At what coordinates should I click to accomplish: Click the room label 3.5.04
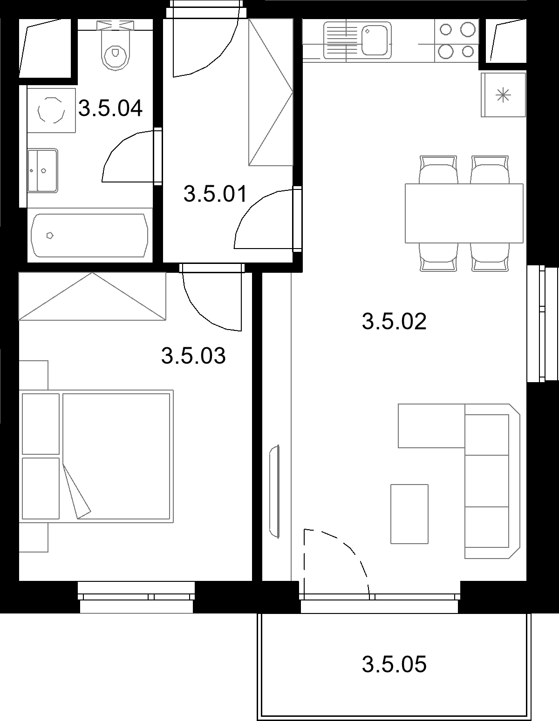click(110, 108)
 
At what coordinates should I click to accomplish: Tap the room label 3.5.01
click(215, 194)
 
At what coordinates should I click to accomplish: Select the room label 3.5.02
click(394, 321)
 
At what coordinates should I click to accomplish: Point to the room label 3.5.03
click(193, 355)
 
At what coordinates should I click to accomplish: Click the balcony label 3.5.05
click(394, 664)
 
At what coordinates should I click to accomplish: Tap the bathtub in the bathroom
click(89, 235)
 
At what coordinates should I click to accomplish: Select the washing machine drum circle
click(51, 110)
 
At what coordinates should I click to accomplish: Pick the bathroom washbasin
click(42, 170)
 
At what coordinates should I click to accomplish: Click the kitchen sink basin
click(375, 40)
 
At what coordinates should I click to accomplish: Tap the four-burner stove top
click(457, 40)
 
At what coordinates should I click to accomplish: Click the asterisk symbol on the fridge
click(503, 95)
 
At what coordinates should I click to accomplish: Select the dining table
click(464, 213)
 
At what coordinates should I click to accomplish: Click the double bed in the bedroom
click(96, 456)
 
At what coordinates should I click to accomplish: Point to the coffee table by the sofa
click(409, 514)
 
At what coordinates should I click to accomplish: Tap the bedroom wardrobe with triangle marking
click(92, 296)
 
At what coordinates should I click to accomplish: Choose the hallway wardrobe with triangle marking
click(271, 92)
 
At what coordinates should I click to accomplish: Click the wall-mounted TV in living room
click(275, 491)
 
